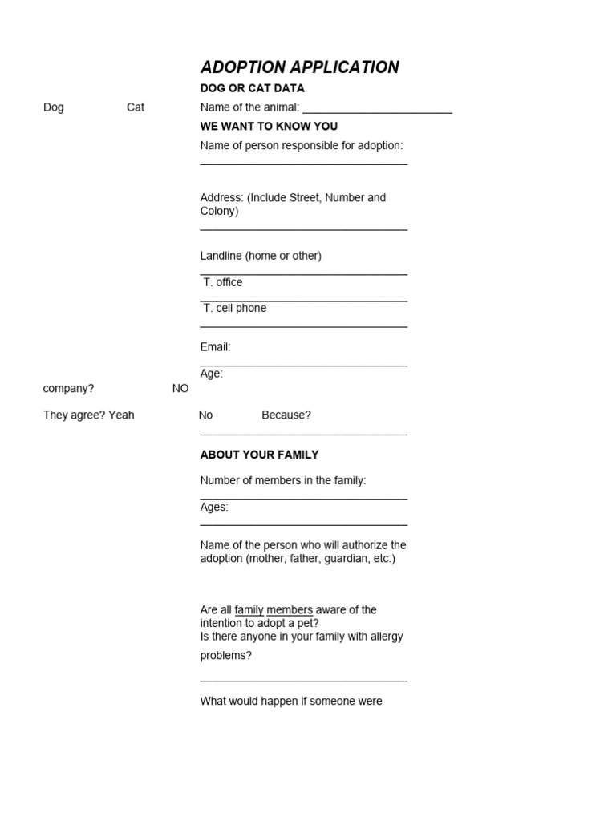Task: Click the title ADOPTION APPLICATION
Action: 299,67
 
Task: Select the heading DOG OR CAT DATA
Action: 252,88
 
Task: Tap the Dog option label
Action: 53,107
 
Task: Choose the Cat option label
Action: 136,107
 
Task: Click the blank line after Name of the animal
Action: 377,111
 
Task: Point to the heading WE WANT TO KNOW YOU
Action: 269,127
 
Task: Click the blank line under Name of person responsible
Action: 303,164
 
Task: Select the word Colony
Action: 217,211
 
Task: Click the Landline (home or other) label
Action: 261,256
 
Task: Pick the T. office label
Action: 222,282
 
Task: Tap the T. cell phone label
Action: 234,308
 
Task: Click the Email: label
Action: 215,347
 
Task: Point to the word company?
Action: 68,389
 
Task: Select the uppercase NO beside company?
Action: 180,389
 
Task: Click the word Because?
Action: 286,415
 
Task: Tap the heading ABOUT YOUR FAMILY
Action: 259,455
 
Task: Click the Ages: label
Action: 214,507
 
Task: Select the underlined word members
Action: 290,610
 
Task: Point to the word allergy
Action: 385,637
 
